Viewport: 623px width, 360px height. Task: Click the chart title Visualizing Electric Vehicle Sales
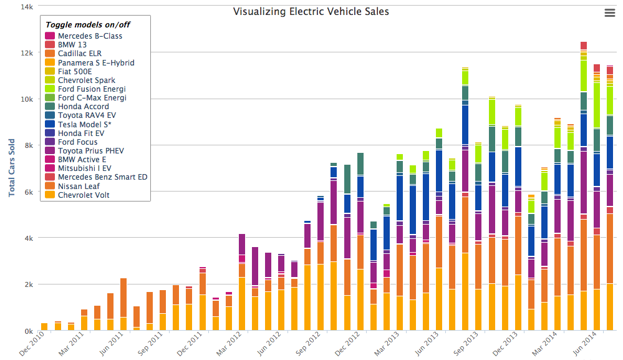pyautogui.click(x=311, y=11)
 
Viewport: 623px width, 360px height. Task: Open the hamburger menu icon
pyautogui.click(x=610, y=13)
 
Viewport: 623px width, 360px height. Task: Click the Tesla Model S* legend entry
pyautogui.click(x=90, y=124)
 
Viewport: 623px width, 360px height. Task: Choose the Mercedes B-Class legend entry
pyautogui.click(x=90, y=36)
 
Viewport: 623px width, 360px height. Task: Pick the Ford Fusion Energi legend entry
pyautogui.click(x=92, y=89)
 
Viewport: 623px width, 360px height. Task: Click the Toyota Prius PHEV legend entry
pyautogui.click(x=92, y=151)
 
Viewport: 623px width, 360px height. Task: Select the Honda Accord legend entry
pyautogui.click(x=83, y=107)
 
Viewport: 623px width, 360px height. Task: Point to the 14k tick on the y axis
pyautogui.click(x=27, y=7)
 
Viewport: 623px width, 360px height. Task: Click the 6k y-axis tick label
pyautogui.click(x=29, y=192)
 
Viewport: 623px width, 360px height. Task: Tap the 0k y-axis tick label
pyautogui.click(x=29, y=331)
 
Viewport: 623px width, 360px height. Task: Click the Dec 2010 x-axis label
pyautogui.click(x=32, y=346)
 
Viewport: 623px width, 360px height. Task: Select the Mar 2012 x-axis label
pyautogui.click(x=230, y=346)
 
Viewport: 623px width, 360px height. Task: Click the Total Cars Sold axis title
pyautogui.click(x=12, y=168)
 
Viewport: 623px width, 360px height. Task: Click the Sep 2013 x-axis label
pyautogui.click(x=467, y=346)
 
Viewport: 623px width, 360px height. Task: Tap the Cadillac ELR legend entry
pyautogui.click(x=79, y=54)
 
